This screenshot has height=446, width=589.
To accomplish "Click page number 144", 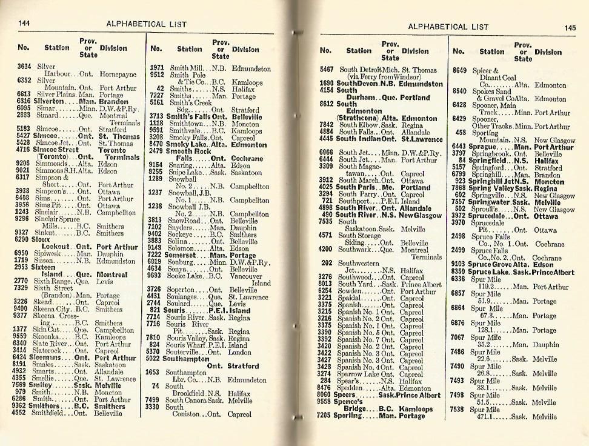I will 25,23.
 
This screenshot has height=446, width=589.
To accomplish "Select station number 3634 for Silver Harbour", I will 24,66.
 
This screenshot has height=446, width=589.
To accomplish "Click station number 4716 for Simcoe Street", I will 24,148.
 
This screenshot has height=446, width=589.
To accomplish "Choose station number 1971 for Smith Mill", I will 157,68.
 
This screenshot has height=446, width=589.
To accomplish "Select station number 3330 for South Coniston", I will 156,407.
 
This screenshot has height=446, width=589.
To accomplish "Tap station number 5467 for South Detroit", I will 327,70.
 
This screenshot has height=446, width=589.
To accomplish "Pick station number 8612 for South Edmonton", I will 327,104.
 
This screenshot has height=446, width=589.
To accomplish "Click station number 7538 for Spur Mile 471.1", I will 459,410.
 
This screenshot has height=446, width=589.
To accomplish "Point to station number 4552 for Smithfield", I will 24,413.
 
